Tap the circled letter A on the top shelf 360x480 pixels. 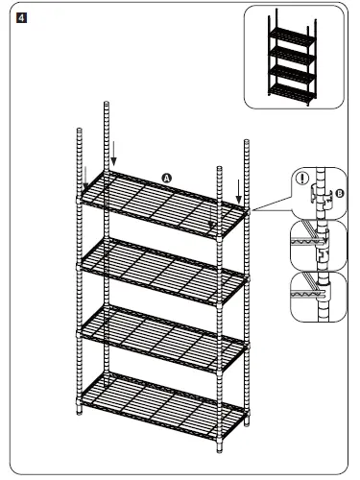click(x=166, y=179)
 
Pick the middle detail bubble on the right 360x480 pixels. click(x=317, y=246)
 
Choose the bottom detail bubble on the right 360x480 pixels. click(x=317, y=297)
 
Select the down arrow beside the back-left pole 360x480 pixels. click(x=114, y=152)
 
